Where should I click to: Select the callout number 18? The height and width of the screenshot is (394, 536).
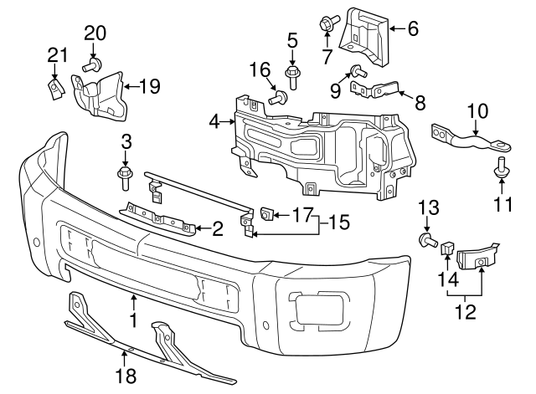coord(126,376)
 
